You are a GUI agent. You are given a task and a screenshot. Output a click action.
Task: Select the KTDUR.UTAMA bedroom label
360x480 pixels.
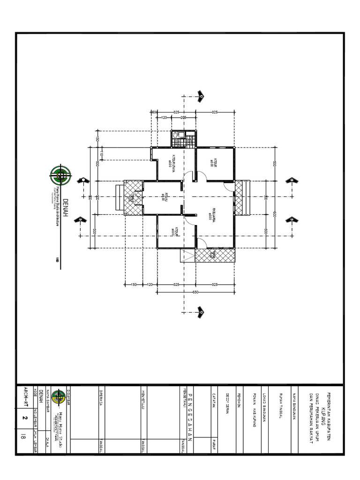[172, 164]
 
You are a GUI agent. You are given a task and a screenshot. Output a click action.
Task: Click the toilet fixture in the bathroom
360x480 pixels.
[175, 135]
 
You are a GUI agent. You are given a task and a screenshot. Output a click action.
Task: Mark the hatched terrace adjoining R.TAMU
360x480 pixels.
[133, 197]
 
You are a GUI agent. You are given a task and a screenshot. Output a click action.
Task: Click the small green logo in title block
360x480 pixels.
[58, 397]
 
